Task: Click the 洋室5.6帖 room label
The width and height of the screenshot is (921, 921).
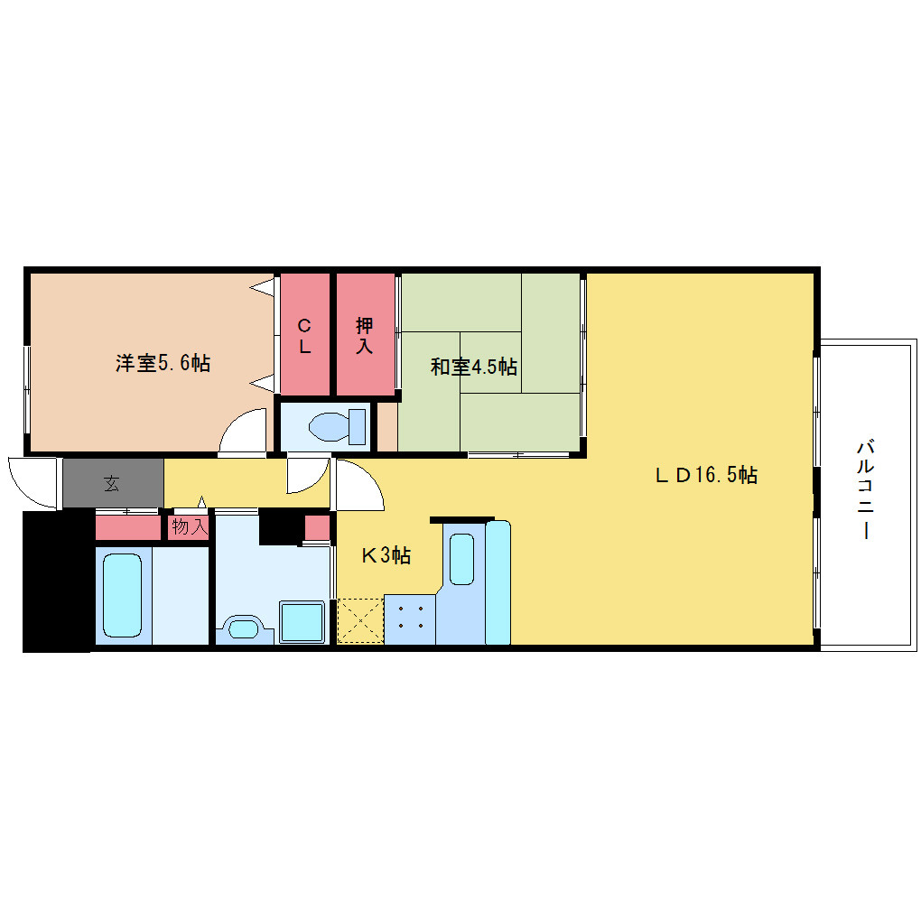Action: (x=163, y=363)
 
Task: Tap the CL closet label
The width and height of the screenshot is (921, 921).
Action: (x=304, y=336)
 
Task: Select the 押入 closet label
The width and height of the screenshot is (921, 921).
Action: (x=364, y=335)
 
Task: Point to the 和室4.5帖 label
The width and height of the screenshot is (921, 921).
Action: (x=474, y=367)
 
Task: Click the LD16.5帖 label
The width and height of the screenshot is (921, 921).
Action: (x=706, y=475)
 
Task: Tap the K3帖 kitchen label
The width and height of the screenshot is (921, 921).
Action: (x=386, y=555)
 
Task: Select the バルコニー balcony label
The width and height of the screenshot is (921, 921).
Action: (x=866, y=489)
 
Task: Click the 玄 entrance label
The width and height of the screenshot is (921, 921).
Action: (x=112, y=484)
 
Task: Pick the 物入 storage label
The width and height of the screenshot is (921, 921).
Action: (x=190, y=527)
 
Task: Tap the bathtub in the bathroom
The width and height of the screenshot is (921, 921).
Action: (x=122, y=595)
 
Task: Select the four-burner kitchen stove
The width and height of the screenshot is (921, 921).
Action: (x=410, y=619)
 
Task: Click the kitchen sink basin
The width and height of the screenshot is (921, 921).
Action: (x=461, y=559)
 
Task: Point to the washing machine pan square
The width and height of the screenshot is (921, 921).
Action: (x=302, y=621)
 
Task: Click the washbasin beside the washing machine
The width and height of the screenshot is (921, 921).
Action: (x=244, y=629)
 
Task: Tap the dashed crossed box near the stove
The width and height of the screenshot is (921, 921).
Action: (x=360, y=620)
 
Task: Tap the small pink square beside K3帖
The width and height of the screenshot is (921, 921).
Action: (x=317, y=527)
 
